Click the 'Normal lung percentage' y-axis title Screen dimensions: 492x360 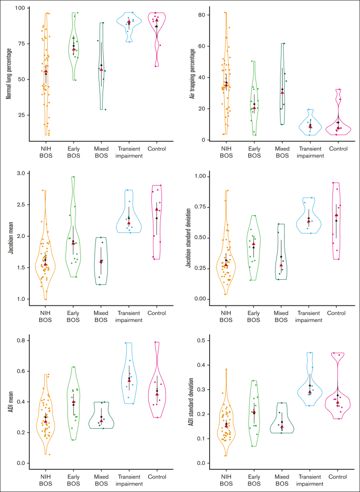[x=9, y=71]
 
